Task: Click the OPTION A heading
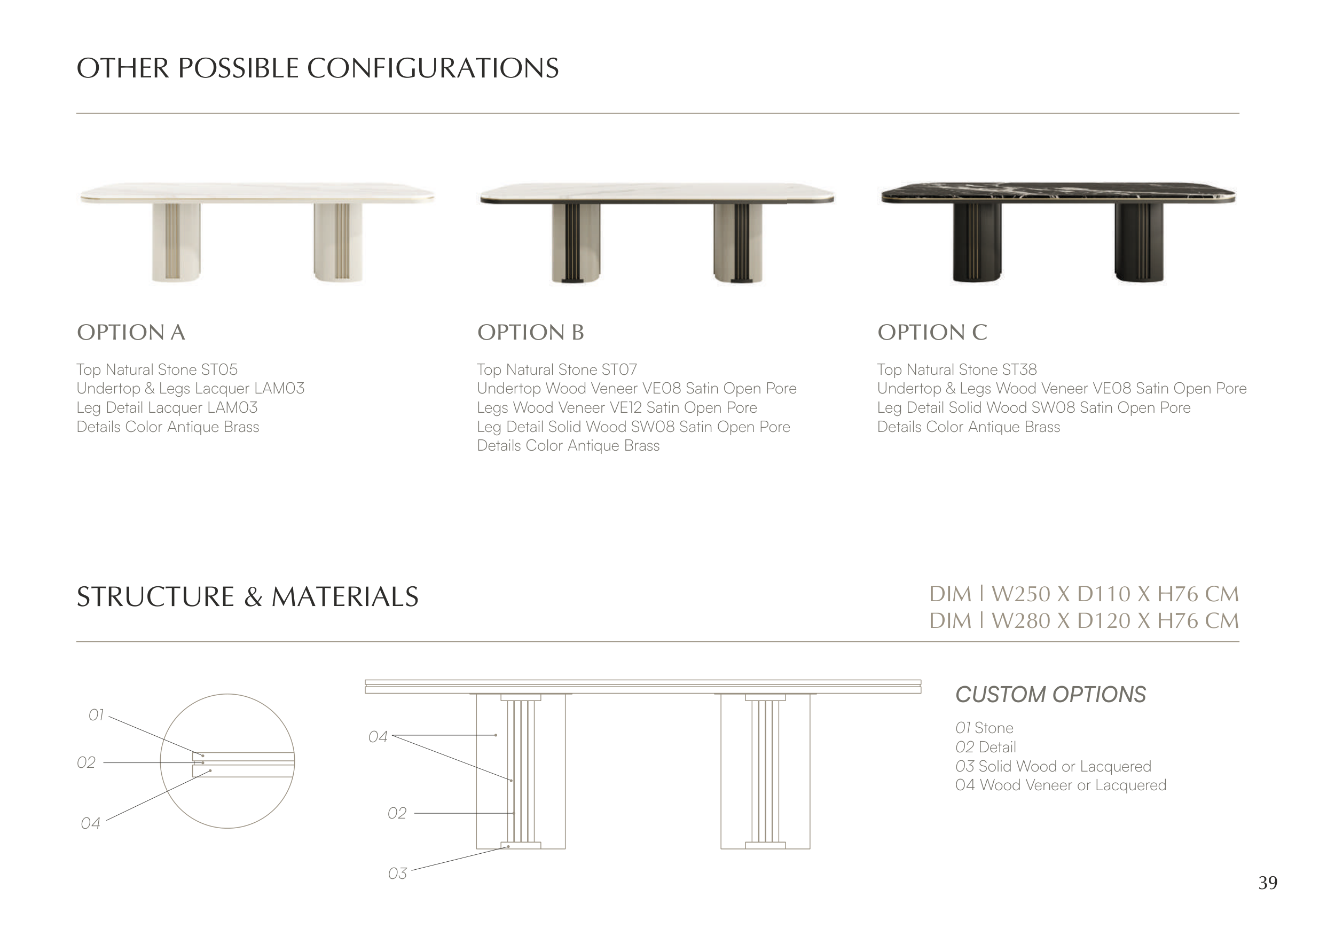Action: [131, 333]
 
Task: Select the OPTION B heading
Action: [530, 333]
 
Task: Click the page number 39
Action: [1268, 883]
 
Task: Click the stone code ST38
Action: [1020, 369]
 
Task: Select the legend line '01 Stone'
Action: [984, 728]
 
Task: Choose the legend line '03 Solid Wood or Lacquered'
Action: [1053, 767]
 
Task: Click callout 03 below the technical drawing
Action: [397, 874]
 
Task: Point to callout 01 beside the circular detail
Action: [96, 715]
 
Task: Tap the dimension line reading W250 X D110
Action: [1084, 594]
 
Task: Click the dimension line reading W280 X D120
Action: [1084, 621]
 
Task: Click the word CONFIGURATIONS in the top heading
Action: [433, 68]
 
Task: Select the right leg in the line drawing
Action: [765, 772]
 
